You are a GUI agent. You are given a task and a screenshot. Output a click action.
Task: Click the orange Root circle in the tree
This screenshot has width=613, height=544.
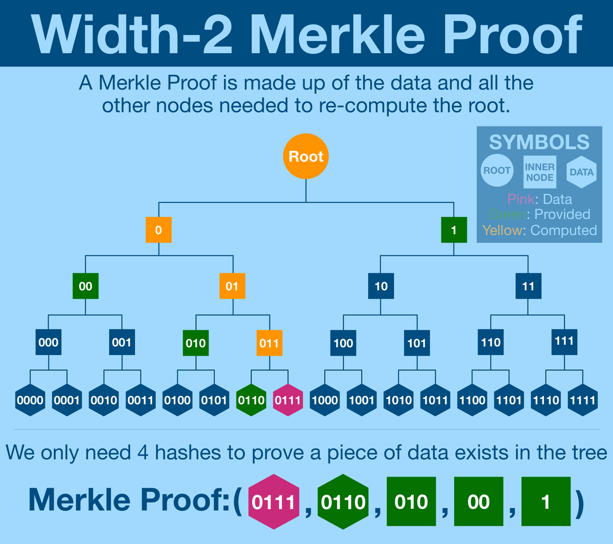coord(305,156)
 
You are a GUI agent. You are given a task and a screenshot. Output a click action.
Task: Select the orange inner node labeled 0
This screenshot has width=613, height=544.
coord(158,230)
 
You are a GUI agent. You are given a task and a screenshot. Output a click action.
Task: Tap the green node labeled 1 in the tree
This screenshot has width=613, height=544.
coord(453,230)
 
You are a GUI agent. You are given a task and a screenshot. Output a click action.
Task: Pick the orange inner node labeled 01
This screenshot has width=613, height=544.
coord(232,286)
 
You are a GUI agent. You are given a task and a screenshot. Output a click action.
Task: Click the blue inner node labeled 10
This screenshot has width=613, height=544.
coord(381,286)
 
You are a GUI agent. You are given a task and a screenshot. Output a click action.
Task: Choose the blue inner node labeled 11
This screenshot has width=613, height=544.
coord(528,286)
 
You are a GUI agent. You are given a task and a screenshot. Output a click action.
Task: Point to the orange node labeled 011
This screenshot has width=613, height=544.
coord(269,343)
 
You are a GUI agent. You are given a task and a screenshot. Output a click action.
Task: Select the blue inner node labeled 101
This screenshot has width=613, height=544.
coord(417,343)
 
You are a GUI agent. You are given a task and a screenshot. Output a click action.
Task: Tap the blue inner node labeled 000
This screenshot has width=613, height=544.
coord(49,342)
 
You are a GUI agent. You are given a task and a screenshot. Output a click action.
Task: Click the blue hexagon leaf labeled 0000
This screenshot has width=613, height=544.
coord(30,400)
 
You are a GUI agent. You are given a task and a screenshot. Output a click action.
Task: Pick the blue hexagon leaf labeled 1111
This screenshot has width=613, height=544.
coord(582,400)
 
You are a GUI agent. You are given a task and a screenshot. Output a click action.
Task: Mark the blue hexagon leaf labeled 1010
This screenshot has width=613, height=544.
coord(398,400)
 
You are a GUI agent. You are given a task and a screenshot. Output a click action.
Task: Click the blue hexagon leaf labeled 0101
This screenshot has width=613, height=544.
coord(214,400)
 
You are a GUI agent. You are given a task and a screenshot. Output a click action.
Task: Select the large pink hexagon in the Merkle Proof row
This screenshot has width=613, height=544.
coord(274,502)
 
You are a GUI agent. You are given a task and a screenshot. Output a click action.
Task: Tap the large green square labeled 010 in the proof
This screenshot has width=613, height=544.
coord(411,502)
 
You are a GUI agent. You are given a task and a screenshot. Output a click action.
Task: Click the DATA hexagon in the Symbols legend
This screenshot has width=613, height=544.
coord(581,172)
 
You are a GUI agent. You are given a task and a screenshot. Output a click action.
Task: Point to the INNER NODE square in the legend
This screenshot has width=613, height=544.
coord(540,172)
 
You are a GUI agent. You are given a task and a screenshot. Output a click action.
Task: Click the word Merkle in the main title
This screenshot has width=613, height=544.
coord(338,35)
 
